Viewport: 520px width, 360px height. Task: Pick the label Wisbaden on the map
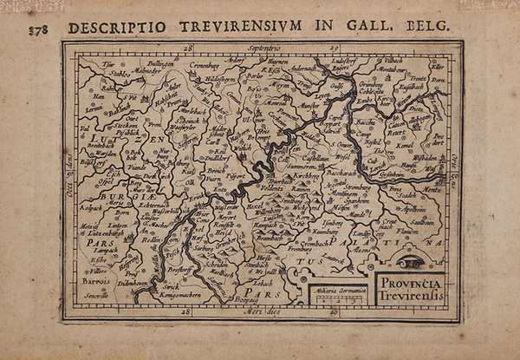click(x=426, y=160)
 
